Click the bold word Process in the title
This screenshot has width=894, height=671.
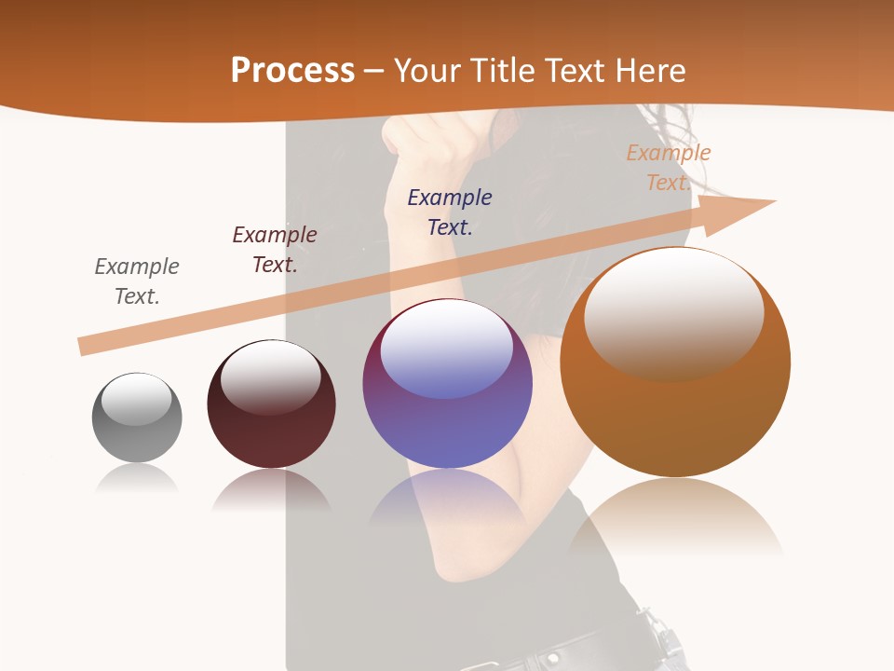[292, 71]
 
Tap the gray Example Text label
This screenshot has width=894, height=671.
[137, 281]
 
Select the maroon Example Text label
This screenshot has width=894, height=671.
[275, 250]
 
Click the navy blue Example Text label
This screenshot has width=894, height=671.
[450, 212]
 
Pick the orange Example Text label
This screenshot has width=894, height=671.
[668, 167]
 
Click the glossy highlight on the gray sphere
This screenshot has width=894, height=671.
[136, 399]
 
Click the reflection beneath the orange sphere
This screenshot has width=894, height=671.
[675, 517]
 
